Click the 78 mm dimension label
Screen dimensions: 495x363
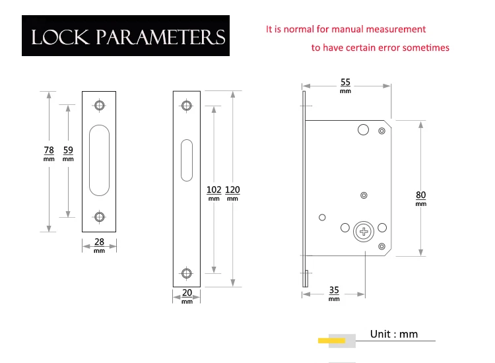49,154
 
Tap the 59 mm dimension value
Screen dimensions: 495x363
68,154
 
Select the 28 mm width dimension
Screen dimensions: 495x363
99,246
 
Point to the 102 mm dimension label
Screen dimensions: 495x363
214,193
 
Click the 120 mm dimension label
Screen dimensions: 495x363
232,193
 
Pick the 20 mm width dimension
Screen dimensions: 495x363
187,296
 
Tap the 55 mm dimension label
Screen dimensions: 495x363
345,86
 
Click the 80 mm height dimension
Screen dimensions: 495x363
421,199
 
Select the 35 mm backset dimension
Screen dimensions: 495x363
334,294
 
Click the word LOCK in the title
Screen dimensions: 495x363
60,37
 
